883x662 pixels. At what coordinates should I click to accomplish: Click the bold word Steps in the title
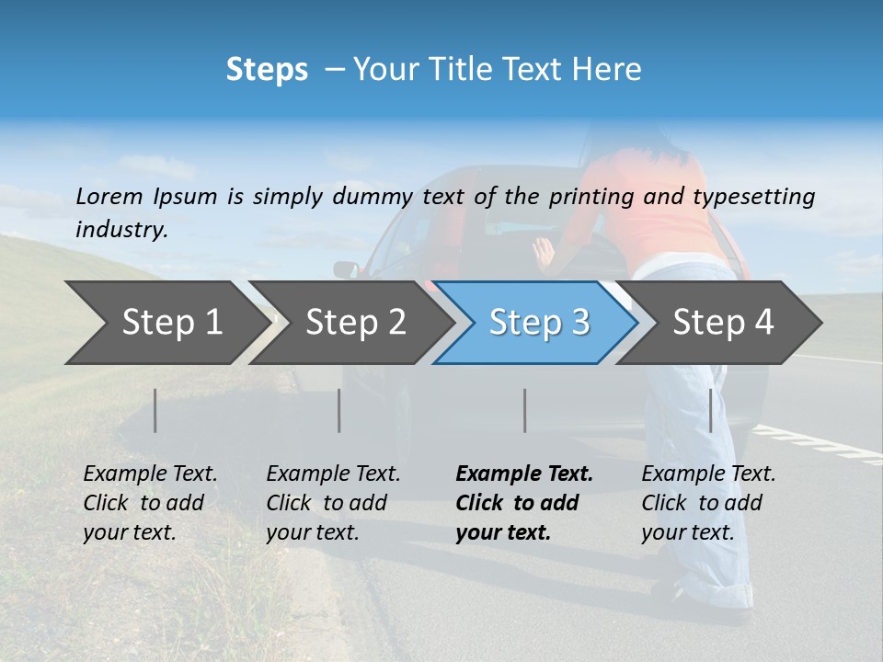(x=267, y=70)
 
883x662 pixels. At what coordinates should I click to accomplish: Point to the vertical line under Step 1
(x=155, y=410)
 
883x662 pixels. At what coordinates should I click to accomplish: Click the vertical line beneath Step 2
(x=339, y=410)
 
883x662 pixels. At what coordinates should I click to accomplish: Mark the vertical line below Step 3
(x=525, y=410)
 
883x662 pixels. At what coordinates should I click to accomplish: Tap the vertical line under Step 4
(x=711, y=410)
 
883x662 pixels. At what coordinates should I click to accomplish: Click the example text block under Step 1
(x=150, y=503)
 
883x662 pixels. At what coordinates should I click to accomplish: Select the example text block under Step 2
(x=333, y=503)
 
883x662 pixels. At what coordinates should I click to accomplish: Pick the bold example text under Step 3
(x=523, y=503)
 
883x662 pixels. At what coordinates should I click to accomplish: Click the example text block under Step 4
(x=708, y=503)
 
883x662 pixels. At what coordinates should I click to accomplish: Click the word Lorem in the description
(x=109, y=197)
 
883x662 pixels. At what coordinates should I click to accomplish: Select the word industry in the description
(x=121, y=230)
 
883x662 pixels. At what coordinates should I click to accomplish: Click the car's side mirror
(x=347, y=269)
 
